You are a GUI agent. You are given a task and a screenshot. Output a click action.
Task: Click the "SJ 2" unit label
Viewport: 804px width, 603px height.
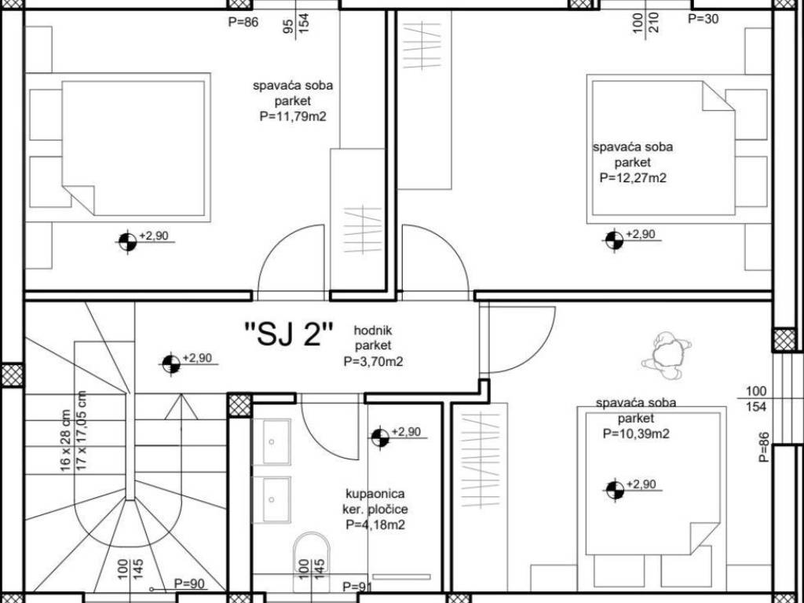289,334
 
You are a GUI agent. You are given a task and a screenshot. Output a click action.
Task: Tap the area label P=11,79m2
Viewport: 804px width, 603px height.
293,117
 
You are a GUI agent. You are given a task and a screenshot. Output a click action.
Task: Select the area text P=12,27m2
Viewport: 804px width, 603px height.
633,178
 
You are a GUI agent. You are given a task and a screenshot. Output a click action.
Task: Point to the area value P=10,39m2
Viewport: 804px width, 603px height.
636,433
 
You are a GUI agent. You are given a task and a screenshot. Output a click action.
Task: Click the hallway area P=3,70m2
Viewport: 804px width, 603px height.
373,361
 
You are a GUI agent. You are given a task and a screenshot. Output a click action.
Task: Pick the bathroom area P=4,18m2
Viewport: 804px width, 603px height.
375,524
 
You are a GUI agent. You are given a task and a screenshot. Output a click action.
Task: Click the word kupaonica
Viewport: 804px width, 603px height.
375,494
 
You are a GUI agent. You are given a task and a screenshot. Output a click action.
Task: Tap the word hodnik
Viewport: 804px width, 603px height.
373,331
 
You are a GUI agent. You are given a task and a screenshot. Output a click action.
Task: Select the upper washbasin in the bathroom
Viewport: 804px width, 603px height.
271,441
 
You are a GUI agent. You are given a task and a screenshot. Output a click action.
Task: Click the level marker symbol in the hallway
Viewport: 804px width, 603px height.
170,364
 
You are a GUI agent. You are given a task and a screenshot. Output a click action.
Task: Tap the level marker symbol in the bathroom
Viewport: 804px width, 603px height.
380,437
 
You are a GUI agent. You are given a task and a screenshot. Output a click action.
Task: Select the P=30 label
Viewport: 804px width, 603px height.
703,19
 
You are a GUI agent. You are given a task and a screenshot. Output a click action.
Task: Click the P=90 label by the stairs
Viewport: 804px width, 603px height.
190,583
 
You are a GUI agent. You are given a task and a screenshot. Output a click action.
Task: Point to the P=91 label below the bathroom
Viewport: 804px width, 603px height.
358,587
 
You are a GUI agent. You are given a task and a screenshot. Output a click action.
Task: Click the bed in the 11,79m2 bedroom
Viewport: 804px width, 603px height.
133,148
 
